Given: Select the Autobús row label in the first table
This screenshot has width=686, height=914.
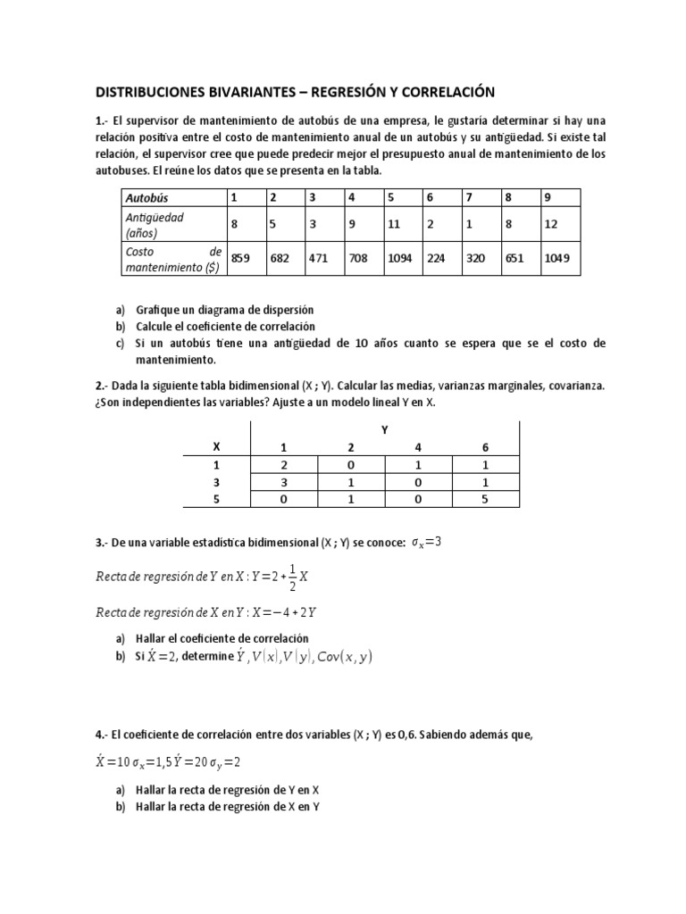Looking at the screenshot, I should coord(146,197).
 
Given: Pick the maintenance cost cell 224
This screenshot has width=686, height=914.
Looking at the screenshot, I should coord(436,258).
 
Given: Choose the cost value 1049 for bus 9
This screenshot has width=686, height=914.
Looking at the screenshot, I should coord(558,258).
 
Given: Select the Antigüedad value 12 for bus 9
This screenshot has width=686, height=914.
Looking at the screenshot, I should coord(550,225).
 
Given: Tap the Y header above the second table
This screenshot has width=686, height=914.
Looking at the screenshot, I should coord(385,429).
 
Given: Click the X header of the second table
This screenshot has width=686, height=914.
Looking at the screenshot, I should coord(214,445).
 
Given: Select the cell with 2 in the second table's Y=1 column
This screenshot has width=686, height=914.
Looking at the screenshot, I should coord(284,464).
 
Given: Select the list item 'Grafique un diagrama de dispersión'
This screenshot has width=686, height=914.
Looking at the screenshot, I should coord(212,310).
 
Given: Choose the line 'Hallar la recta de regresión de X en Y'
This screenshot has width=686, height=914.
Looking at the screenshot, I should coord(227,806).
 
